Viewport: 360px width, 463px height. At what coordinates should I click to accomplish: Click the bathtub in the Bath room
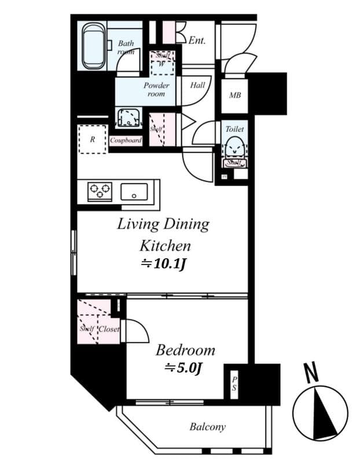[93, 46]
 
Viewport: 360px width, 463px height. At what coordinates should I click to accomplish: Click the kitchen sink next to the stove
[135, 192]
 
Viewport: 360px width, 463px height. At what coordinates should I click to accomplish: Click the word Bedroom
[185, 350]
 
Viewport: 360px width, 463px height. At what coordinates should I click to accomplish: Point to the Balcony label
[207, 427]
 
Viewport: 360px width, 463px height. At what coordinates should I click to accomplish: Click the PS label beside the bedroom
[234, 383]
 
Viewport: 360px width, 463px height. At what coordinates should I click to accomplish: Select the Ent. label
[197, 41]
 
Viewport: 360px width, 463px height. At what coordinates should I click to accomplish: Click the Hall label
[197, 85]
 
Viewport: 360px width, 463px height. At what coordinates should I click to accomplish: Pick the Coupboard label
[126, 140]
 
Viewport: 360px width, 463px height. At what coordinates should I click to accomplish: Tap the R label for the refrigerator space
[92, 139]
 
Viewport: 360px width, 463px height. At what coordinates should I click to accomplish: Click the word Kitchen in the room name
[163, 245]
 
